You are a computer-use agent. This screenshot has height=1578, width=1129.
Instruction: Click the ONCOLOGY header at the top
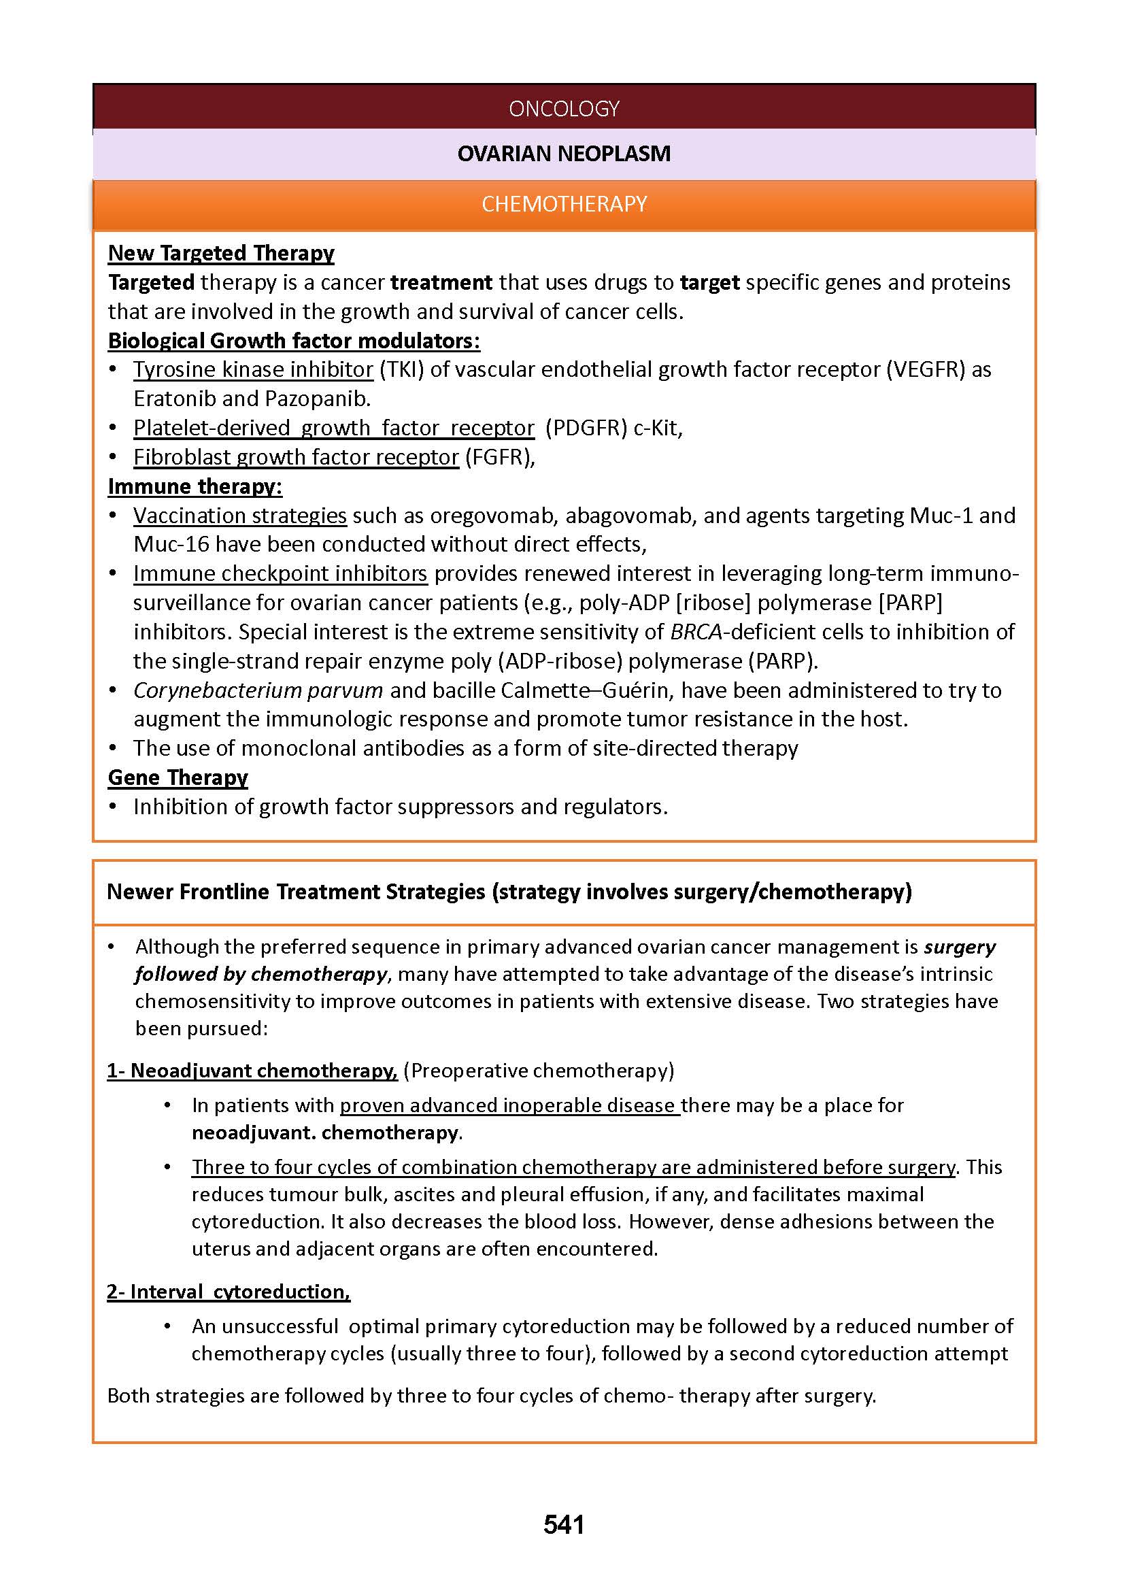[x=564, y=109]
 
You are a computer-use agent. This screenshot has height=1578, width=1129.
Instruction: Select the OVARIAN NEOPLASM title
[x=564, y=154]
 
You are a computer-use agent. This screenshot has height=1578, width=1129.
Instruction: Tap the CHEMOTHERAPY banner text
[x=564, y=204]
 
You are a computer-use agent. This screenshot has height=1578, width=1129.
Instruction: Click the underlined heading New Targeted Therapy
[x=221, y=253]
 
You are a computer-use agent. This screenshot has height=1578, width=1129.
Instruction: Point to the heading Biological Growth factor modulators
[x=293, y=341]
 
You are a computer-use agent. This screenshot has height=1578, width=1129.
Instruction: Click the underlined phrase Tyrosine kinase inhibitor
[x=253, y=369]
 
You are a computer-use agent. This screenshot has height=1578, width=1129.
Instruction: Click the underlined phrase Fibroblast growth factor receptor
[x=296, y=456]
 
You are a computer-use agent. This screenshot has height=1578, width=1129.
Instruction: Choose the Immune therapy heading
[x=195, y=486]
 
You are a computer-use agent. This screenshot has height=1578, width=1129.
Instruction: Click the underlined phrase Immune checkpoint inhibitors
[x=280, y=573]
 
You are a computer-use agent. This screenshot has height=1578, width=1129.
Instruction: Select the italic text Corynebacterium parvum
[x=258, y=690]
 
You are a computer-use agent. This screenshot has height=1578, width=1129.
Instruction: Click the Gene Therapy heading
[x=178, y=777]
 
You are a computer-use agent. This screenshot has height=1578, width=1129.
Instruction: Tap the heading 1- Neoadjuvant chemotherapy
[x=252, y=1071]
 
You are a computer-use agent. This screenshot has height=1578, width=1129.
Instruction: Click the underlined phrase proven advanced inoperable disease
[x=509, y=1105]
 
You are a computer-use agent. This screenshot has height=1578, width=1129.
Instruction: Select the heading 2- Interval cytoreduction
[x=229, y=1292]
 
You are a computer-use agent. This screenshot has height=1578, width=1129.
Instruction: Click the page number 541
[x=564, y=1524]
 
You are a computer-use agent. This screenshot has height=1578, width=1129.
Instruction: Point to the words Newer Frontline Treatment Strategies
[x=296, y=892]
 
